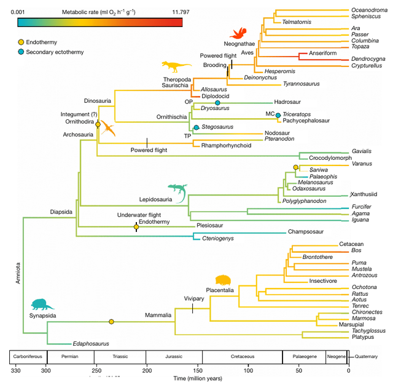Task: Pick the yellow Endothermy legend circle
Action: point(21,41)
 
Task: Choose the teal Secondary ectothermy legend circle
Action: point(21,52)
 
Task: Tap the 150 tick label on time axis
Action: point(197,370)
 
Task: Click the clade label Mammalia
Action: point(158,315)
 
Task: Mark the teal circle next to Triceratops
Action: point(278,115)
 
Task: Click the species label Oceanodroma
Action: point(369,10)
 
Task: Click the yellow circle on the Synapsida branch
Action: point(111,322)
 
